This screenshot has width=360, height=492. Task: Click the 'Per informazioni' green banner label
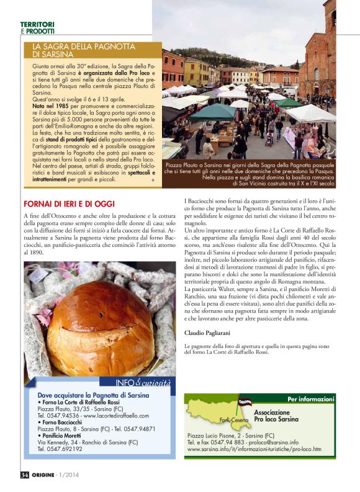[310, 398]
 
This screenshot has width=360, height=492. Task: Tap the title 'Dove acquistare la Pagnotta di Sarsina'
[93, 395]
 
